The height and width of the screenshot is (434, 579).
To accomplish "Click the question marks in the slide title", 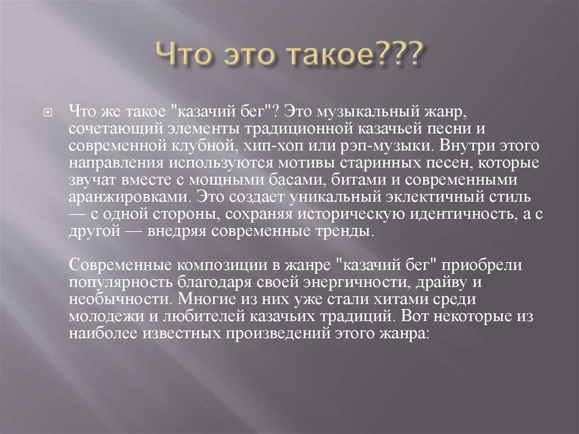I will (x=402, y=56).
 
